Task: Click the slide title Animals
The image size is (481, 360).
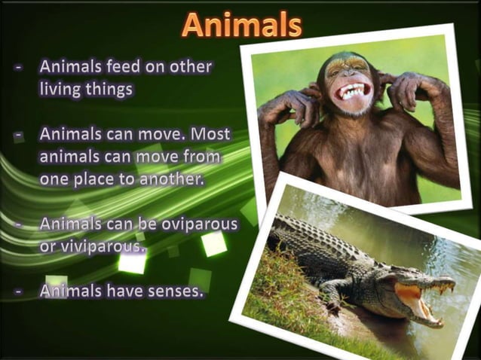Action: point(241,25)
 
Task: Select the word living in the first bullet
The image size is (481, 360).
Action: point(62,88)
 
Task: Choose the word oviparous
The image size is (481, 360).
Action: point(198,224)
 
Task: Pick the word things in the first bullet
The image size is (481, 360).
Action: point(113,88)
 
